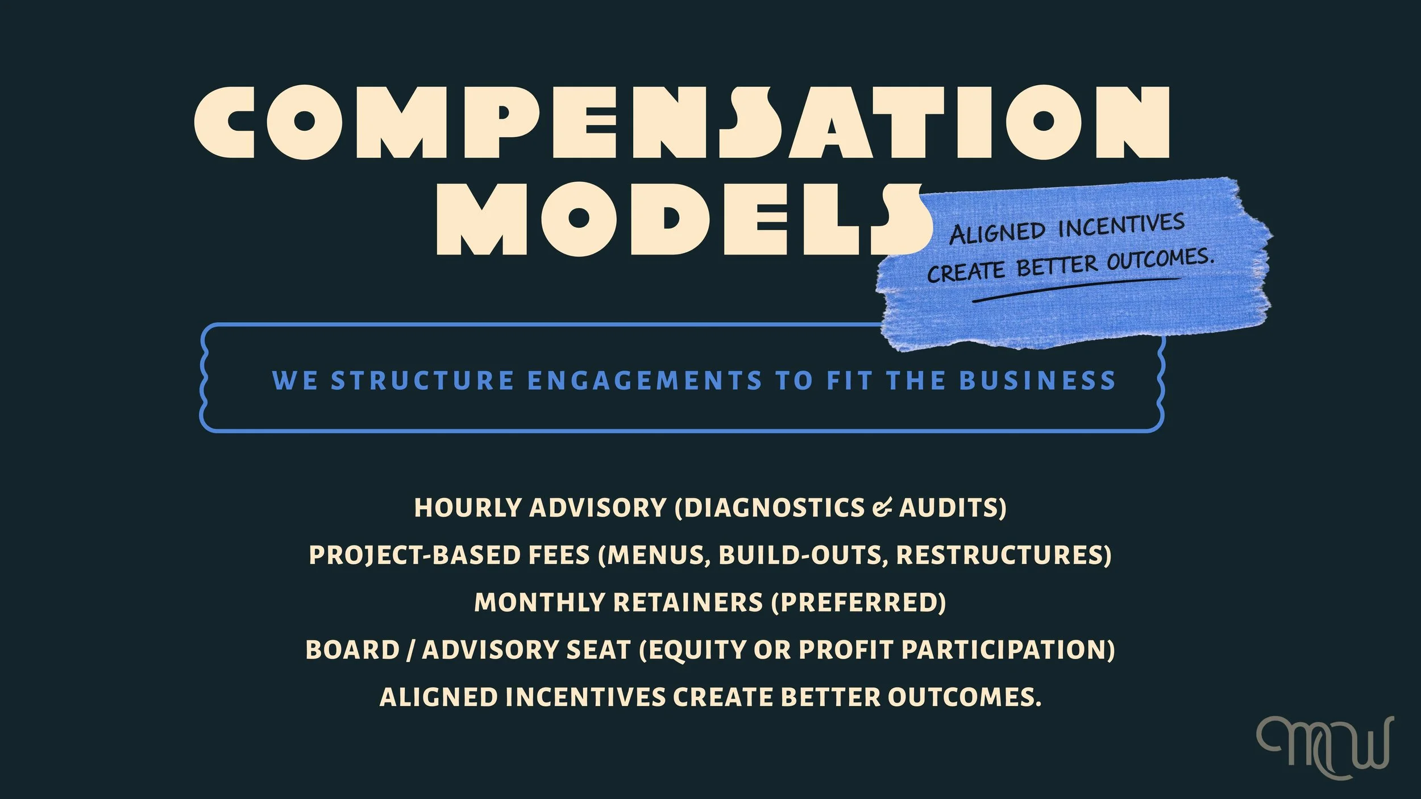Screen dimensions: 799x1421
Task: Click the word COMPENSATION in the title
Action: [682, 122]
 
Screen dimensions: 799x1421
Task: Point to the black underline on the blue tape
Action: [1074, 289]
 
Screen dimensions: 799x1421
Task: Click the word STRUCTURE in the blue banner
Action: [423, 380]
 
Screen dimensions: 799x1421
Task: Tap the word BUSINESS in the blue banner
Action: [1037, 380]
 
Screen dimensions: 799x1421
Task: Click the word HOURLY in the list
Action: [468, 507]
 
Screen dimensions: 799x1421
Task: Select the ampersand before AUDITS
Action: [882, 507]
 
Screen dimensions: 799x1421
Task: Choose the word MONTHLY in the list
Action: [539, 602]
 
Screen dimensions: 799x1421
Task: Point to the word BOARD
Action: [352, 650]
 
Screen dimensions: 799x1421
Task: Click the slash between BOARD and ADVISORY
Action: [410, 650]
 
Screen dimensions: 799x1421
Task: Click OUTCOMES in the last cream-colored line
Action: [964, 697]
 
